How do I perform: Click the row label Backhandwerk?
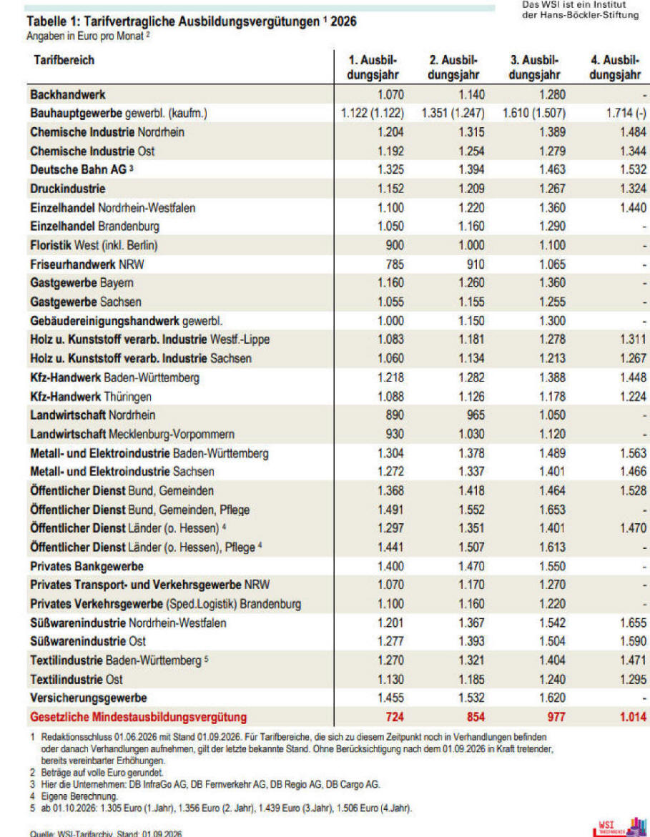pos(68,95)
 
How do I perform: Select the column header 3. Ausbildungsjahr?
pos(534,67)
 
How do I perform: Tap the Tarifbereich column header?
pos(64,60)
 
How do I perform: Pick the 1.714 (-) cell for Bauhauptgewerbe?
pos(626,113)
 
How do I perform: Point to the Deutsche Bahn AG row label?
pos(79,169)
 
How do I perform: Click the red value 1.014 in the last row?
pos(633,717)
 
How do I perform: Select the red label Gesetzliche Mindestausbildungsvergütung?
pos(138,717)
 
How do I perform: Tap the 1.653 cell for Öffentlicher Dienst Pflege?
pos(552,510)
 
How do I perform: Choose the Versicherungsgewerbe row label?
pos(88,698)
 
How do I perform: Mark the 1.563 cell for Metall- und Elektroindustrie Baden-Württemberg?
pos(633,453)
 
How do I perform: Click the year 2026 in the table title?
pos(343,21)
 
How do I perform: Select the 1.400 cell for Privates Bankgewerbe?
pos(391,566)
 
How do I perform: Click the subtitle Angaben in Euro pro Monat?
pos(85,36)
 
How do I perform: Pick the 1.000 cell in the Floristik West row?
pos(472,245)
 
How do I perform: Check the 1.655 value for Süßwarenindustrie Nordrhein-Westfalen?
pos(633,623)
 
